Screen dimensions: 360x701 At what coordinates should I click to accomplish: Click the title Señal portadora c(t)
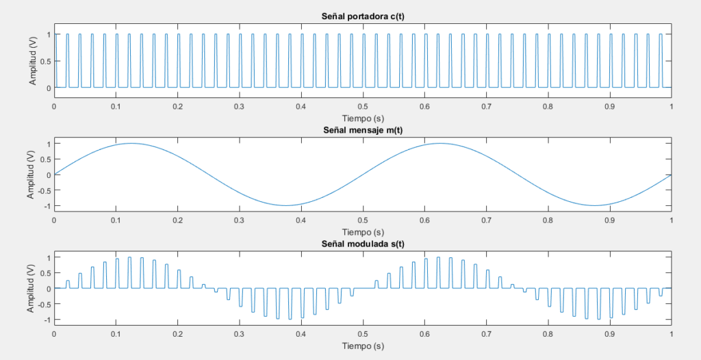(363, 16)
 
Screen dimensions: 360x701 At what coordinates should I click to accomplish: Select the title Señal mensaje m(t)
(363, 131)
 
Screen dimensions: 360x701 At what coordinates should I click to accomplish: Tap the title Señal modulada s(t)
(363, 244)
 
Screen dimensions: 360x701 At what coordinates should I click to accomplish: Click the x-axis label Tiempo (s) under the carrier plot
(363, 117)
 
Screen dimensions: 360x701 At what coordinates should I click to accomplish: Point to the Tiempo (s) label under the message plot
(363, 231)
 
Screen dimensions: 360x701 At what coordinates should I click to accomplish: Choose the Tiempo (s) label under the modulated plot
(363, 346)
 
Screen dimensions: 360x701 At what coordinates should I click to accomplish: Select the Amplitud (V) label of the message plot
(32, 175)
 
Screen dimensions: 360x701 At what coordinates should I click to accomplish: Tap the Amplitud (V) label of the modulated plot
(32, 289)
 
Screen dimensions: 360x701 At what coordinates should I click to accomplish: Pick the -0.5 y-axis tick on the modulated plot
(43, 305)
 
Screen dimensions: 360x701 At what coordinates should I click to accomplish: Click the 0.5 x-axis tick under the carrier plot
(363, 107)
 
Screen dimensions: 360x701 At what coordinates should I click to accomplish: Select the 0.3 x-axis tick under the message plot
(239, 220)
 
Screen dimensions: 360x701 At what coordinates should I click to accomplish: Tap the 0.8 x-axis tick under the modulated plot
(548, 335)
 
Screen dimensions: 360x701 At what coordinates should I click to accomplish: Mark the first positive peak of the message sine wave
(131, 143)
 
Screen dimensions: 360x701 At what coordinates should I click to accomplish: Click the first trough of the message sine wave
(285, 205)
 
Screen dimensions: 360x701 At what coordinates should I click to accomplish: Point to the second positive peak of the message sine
(439, 143)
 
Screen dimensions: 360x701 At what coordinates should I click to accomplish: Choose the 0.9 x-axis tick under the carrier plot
(609, 107)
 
